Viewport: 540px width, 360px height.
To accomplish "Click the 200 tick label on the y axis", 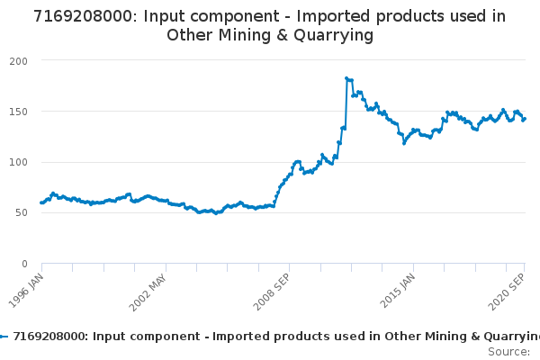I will tap(18, 60).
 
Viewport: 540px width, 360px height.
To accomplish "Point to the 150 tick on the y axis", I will tap(18, 112).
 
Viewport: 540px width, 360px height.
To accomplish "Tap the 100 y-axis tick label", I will tap(18, 162).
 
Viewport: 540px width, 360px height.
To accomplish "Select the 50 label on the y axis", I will tap(21, 213).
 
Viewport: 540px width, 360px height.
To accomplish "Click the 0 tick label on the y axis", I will tap(24, 264).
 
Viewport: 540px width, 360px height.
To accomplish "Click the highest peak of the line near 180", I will tap(346, 78).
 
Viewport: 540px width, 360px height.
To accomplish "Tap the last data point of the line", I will tap(525, 119).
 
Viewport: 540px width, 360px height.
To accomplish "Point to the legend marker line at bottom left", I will tap(4, 336).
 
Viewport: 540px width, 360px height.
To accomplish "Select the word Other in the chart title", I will tap(190, 35).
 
